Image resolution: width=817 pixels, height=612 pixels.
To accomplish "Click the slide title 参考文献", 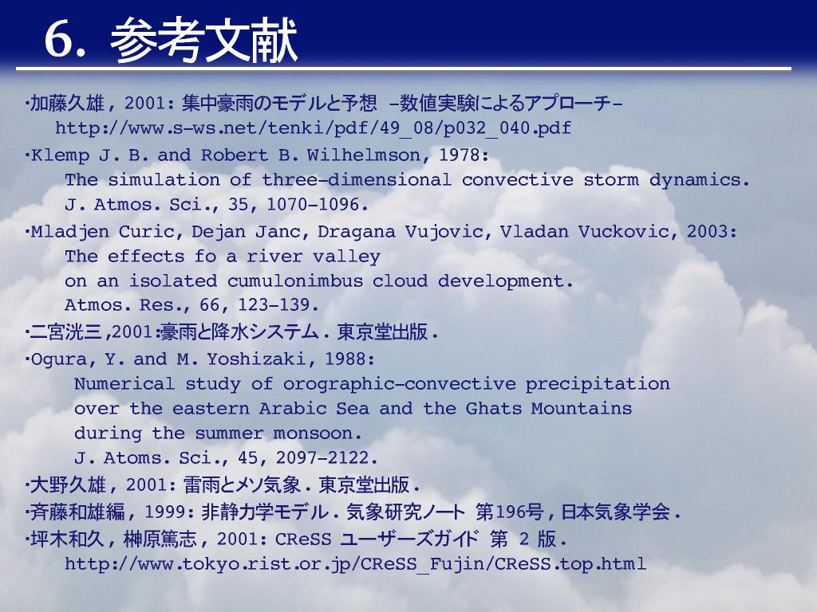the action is pyautogui.click(x=203, y=40).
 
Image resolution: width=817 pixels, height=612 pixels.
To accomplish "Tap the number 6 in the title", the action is pyautogui.click(x=57, y=40).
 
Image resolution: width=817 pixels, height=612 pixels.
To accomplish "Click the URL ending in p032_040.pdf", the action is pyautogui.click(x=313, y=128).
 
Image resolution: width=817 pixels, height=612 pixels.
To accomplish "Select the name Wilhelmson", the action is pyautogui.click(x=363, y=155).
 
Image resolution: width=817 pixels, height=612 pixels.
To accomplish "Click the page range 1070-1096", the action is pyautogui.click(x=313, y=205).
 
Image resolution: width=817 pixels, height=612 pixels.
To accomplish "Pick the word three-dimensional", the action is pyautogui.click(x=357, y=180).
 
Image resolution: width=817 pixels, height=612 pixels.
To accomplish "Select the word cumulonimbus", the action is pyautogui.click(x=295, y=281).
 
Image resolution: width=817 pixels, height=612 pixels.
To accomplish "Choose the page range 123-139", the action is pyautogui.click(x=274, y=305).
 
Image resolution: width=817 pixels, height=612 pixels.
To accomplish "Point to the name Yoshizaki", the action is pyautogui.click(x=256, y=359).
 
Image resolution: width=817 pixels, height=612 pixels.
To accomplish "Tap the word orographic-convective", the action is pyautogui.click(x=400, y=385).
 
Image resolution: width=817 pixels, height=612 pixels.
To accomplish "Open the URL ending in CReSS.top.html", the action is pyautogui.click(x=355, y=564).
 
